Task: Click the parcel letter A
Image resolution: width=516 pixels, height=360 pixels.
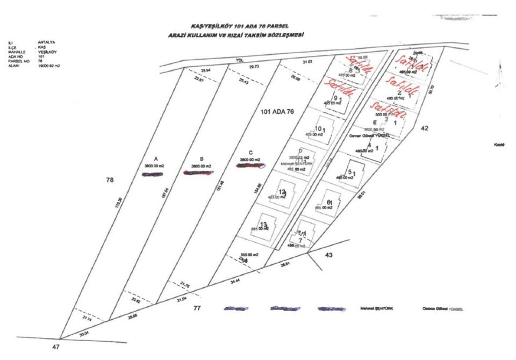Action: (155, 159)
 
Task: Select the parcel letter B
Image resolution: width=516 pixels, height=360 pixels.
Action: (201, 159)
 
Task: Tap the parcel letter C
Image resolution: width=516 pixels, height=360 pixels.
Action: (250, 152)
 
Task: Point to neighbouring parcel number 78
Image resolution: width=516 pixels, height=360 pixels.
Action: (110, 181)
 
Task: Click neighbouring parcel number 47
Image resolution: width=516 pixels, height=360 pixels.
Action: (56, 348)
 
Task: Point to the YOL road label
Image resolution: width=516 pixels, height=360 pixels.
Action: (246, 61)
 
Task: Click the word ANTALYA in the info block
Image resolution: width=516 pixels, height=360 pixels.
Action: (47, 42)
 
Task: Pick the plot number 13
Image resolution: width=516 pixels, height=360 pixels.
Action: (263, 224)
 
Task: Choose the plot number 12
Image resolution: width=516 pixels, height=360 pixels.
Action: (281, 191)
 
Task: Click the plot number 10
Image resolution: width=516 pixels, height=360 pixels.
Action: (318, 128)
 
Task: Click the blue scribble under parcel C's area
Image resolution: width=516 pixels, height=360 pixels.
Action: (251, 165)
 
